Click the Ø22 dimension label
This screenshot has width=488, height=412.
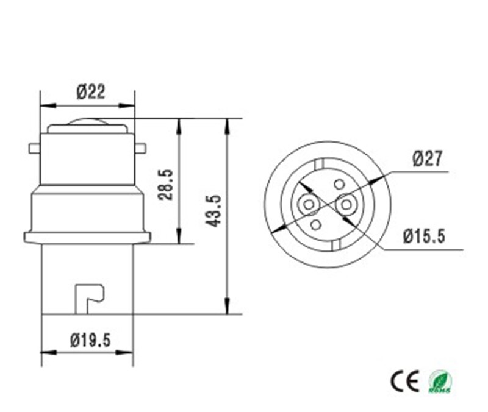(x=90, y=92)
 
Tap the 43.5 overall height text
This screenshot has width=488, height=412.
(x=213, y=211)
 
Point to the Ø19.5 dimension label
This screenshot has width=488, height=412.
(x=90, y=339)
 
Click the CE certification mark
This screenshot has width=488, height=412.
(x=404, y=382)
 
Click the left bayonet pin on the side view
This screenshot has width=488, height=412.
(x=34, y=148)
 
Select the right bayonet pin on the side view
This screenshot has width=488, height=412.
(x=141, y=148)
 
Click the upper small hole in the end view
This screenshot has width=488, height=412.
(x=339, y=184)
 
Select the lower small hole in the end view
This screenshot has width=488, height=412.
(x=316, y=225)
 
